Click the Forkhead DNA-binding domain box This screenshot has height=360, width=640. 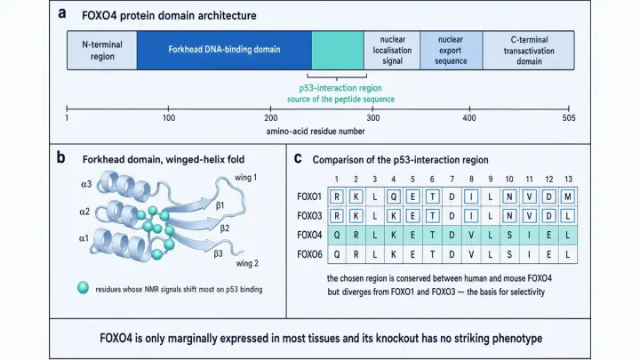[x=224, y=50]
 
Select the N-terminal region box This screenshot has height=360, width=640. [x=102, y=50]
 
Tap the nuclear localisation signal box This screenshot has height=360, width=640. [x=392, y=50]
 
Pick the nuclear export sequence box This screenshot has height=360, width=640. [x=451, y=50]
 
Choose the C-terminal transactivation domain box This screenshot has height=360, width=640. [x=529, y=50]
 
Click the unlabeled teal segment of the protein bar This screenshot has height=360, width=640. [x=338, y=50]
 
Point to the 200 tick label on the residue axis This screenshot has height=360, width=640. [x=270, y=118]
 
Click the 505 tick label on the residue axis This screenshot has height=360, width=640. [x=569, y=118]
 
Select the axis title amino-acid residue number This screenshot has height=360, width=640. [x=316, y=132]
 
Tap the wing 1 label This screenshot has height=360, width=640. [x=245, y=178]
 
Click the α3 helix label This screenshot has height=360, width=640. [x=86, y=185]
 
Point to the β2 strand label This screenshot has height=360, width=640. [x=225, y=228]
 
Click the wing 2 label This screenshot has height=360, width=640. [x=247, y=263]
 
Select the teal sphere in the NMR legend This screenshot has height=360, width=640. [x=83, y=287]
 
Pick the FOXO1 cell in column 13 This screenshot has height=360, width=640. [x=567, y=196]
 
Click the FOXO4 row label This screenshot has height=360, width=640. [x=309, y=235]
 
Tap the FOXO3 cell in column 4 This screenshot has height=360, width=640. [x=394, y=216]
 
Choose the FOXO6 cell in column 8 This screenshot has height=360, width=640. [x=471, y=254]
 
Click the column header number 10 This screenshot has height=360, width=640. [x=509, y=180]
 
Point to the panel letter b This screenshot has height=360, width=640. [x=60, y=157]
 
